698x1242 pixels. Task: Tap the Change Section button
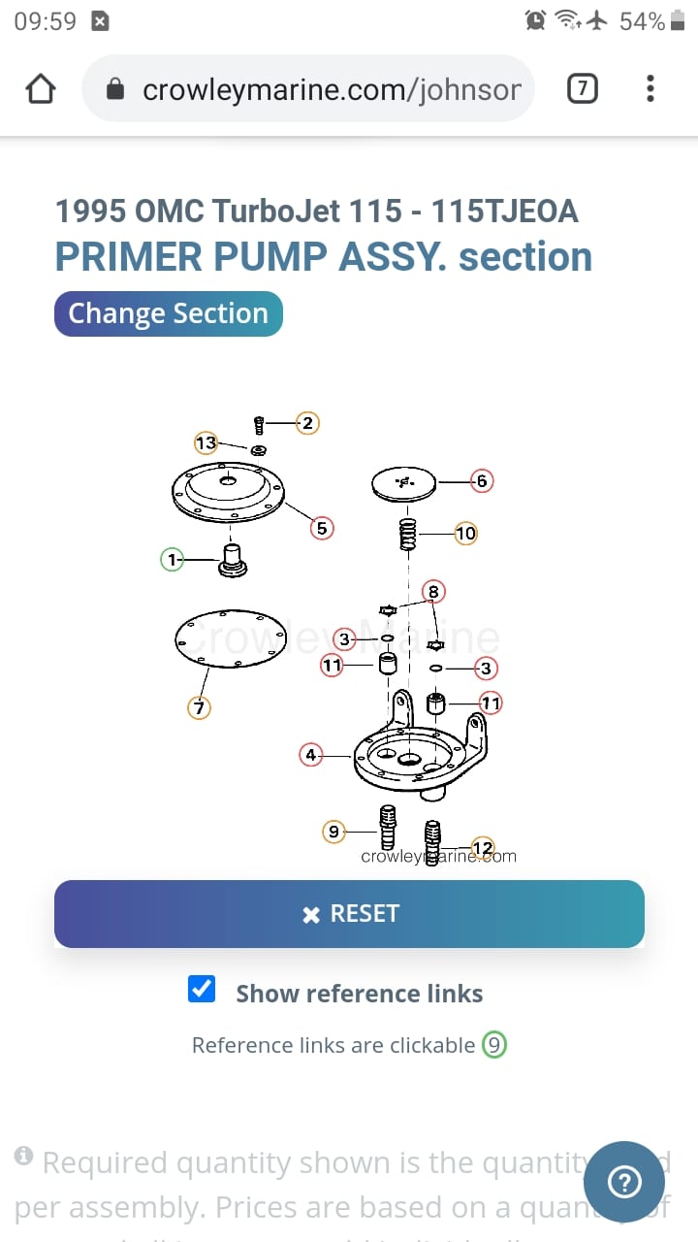tap(168, 314)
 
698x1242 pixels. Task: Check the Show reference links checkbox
tap(202, 990)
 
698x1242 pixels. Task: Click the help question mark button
tap(624, 1181)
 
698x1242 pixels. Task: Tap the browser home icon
tap(41, 89)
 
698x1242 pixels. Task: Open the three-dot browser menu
tap(650, 89)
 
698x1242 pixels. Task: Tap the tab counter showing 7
tap(582, 89)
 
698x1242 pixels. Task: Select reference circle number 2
tap(307, 423)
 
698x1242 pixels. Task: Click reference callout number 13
tap(206, 443)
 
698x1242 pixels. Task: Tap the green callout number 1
tap(173, 560)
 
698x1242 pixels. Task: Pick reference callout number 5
tap(322, 528)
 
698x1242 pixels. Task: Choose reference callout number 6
tap(482, 480)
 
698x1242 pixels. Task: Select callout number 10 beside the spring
tap(465, 533)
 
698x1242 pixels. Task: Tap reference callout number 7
tap(199, 708)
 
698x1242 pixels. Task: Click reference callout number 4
tap(310, 755)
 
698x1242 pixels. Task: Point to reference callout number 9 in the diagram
tap(333, 832)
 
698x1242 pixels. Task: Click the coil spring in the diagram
tap(408, 533)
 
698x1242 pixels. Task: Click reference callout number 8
tap(433, 591)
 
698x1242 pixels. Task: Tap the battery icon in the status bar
tap(677, 21)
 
